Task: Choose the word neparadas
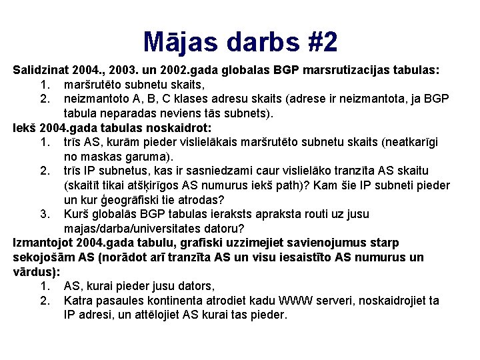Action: pos(134,113)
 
